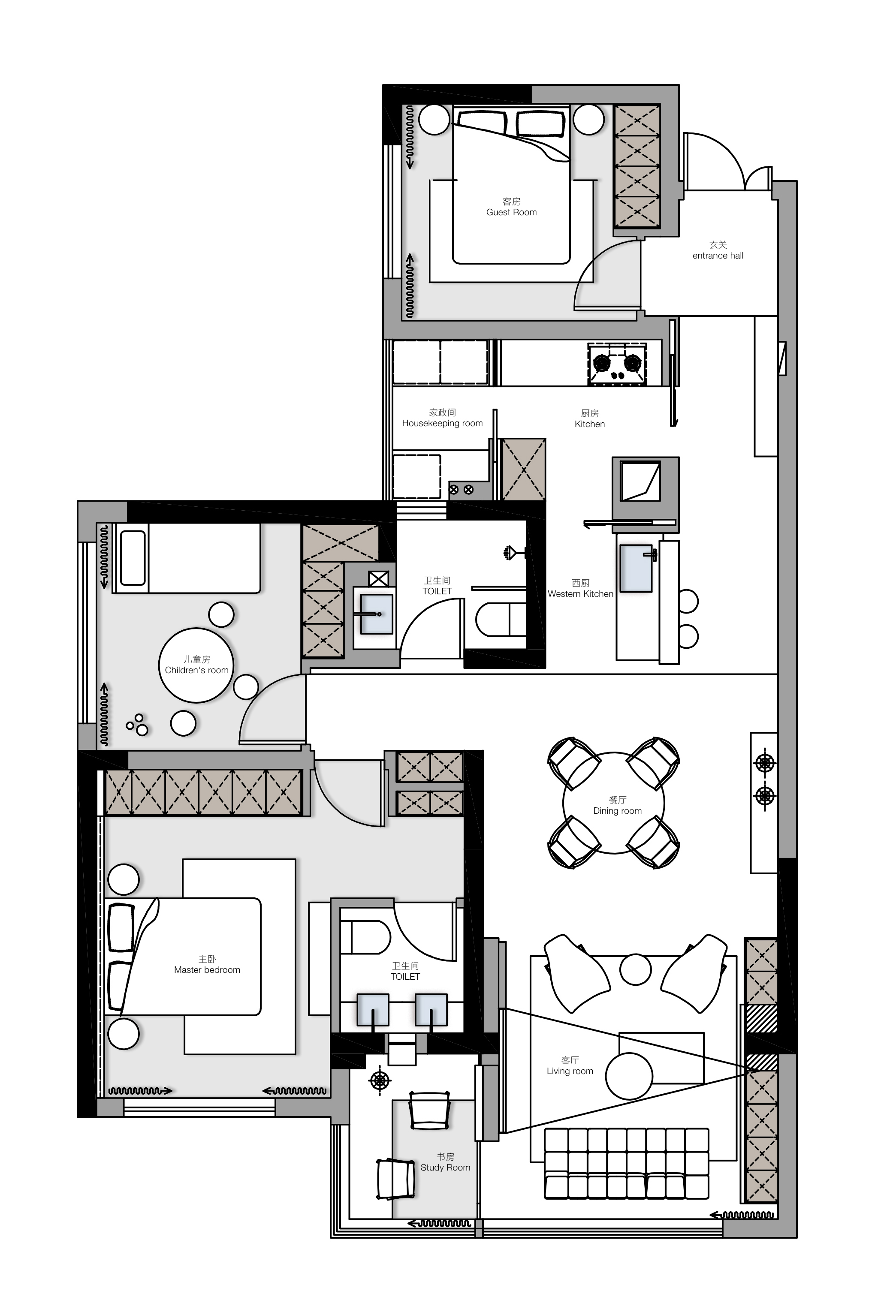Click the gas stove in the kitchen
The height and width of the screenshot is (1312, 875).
pos(617,364)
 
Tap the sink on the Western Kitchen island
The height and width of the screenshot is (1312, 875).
pos(636,568)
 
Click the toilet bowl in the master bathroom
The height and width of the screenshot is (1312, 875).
pos(365,937)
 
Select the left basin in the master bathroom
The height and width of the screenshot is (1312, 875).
pos(373,1010)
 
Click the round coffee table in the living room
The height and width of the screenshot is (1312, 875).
pos(629,1076)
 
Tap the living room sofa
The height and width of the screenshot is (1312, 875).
pos(626,1163)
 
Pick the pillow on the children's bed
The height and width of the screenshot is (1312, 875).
pos(133,558)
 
